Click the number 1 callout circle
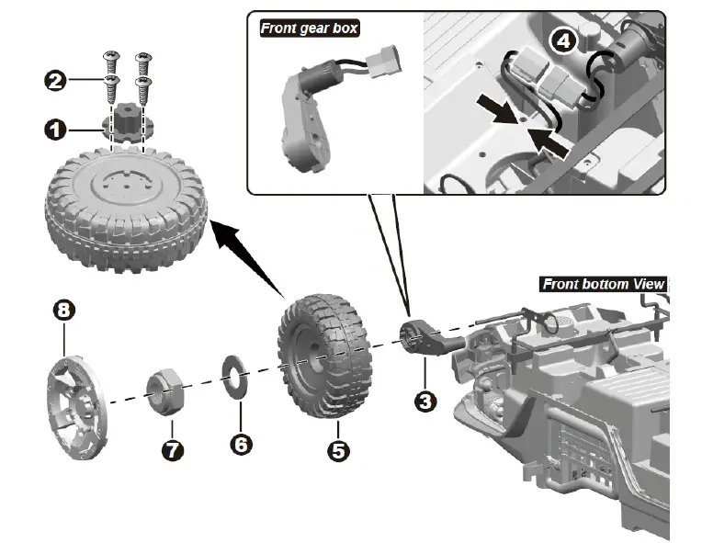click(55, 130)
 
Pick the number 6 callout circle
click(240, 445)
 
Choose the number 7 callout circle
click(171, 450)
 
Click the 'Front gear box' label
click(309, 28)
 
